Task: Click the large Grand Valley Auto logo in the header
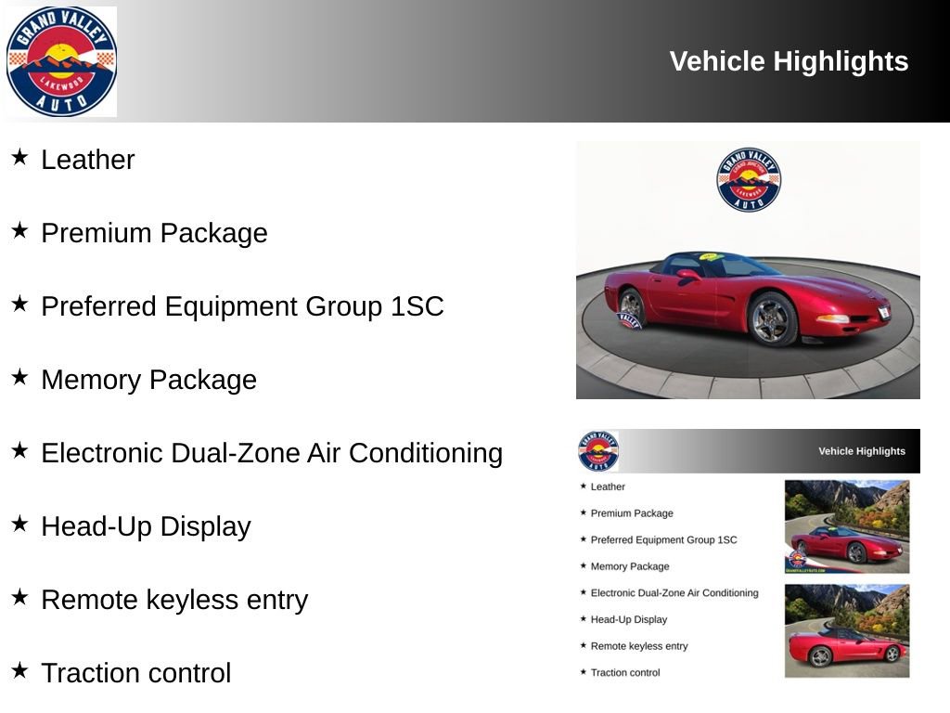click(61, 61)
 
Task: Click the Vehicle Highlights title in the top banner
click(789, 61)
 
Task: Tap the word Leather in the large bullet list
click(88, 160)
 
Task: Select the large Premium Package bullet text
click(154, 233)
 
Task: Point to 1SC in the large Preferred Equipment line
click(417, 306)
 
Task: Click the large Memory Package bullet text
click(148, 380)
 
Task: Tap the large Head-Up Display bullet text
click(146, 526)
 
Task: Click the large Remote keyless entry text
click(174, 600)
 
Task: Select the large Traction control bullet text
click(135, 673)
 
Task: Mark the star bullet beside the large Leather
click(19, 157)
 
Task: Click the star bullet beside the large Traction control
click(19, 670)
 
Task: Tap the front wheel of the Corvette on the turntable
click(772, 318)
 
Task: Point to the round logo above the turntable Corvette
click(749, 179)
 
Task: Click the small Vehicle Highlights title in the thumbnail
click(861, 451)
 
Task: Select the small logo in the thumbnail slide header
click(598, 451)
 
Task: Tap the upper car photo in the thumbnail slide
click(847, 525)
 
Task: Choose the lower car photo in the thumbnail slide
click(847, 630)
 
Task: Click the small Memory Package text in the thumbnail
click(630, 566)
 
